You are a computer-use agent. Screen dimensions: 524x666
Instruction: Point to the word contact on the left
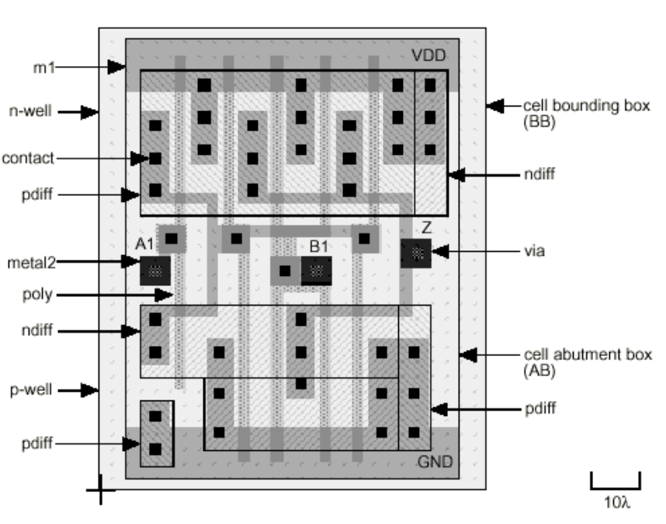pyautogui.click(x=27, y=158)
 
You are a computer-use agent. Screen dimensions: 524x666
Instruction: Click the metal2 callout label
pyautogui.click(x=27, y=261)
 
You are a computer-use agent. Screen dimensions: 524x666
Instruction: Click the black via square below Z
pyautogui.click(x=416, y=253)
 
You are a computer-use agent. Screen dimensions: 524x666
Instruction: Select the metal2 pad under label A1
pyautogui.click(x=154, y=270)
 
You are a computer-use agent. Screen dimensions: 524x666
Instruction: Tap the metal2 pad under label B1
pyautogui.click(x=316, y=271)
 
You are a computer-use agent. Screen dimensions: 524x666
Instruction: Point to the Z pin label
pyautogui.click(x=426, y=228)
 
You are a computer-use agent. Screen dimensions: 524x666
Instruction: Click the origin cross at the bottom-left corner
pyautogui.click(x=100, y=491)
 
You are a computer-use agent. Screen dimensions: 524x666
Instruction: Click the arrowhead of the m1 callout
pyautogui.click(x=116, y=67)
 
